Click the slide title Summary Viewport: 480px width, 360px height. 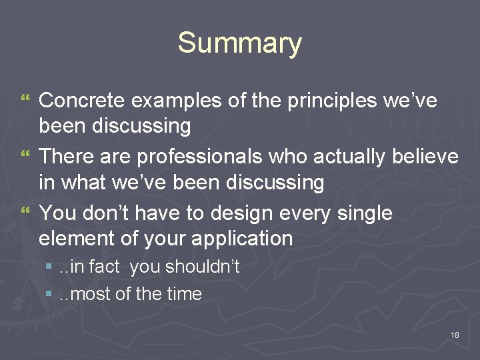coord(239,43)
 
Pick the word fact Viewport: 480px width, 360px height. coord(103,267)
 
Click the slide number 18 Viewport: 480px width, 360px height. coord(455,335)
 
